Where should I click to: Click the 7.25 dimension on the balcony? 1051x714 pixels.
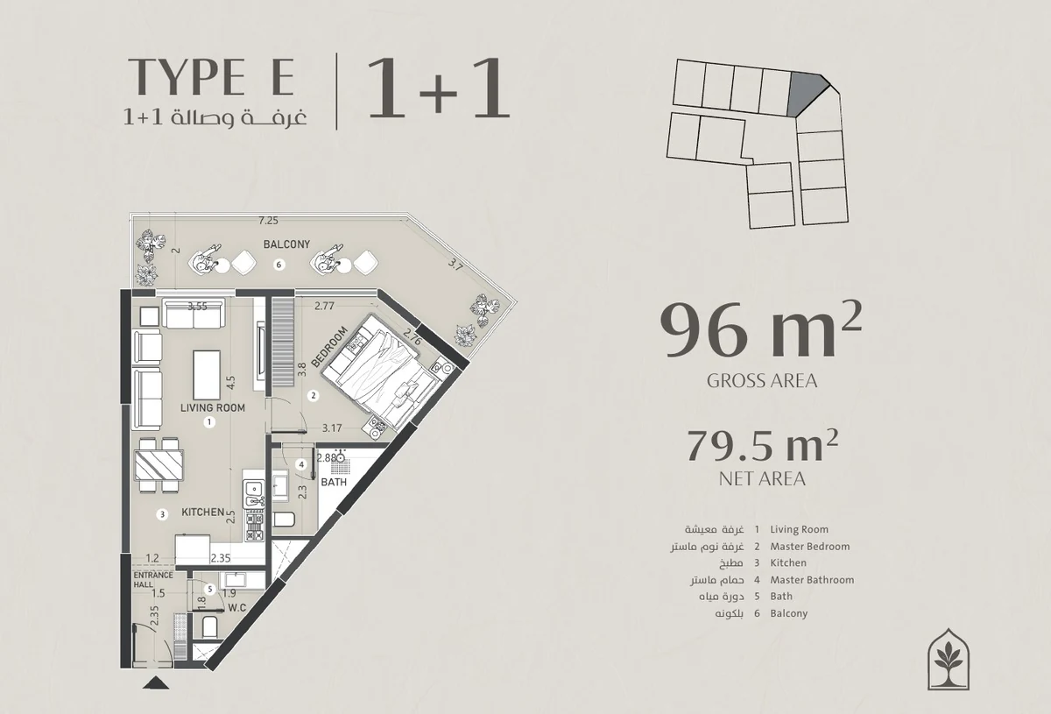tap(268, 220)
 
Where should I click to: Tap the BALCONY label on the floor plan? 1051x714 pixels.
tap(286, 244)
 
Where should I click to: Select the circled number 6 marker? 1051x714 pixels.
tap(279, 265)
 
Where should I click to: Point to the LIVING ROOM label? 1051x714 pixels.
tap(213, 407)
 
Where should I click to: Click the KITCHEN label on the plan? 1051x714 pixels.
tap(202, 513)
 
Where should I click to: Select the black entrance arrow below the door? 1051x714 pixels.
tap(156, 683)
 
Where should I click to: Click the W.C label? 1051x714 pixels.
tap(237, 608)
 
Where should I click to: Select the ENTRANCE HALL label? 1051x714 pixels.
tap(153, 580)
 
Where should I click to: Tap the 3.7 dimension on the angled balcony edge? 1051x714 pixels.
tap(455, 265)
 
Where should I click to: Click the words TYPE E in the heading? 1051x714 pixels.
tap(211, 77)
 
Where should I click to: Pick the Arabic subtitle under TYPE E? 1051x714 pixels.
tap(215, 117)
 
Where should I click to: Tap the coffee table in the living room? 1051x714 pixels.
tap(207, 375)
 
